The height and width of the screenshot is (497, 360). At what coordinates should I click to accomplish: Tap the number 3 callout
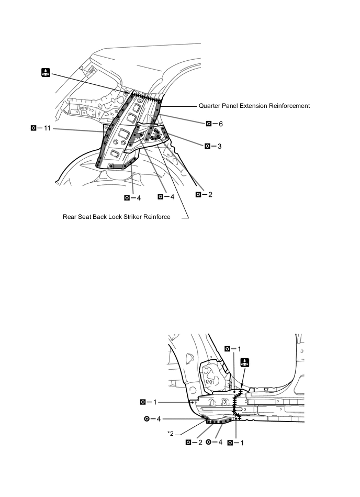click(219, 146)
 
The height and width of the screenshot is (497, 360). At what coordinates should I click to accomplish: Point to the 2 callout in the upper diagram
click(210, 194)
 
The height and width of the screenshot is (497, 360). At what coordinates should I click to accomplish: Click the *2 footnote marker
click(171, 433)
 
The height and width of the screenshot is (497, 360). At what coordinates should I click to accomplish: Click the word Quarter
click(211, 106)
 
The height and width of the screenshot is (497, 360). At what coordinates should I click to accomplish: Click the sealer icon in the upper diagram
click(45, 72)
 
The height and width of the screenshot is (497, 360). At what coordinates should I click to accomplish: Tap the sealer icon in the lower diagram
click(244, 362)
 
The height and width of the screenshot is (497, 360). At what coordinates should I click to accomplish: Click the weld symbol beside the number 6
click(208, 124)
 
